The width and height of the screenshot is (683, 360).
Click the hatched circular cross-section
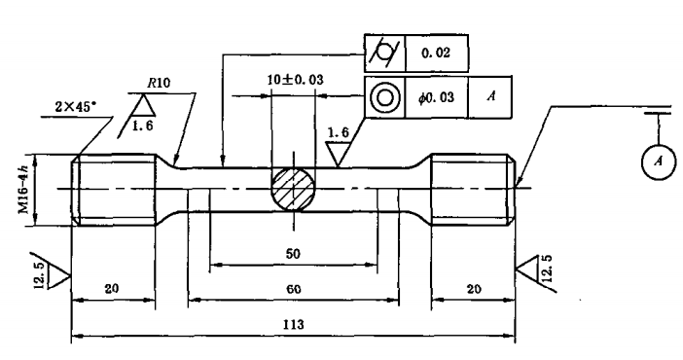click(x=293, y=189)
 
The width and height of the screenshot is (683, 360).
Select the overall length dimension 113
click(x=293, y=325)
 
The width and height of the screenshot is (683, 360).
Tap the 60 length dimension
click(x=293, y=289)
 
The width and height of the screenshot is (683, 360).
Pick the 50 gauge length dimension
click(x=293, y=254)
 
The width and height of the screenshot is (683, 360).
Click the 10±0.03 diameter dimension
click(x=296, y=80)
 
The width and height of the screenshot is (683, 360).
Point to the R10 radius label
click(x=159, y=83)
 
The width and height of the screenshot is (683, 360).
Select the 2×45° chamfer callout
click(x=75, y=107)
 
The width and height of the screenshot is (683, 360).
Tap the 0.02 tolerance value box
click(x=437, y=54)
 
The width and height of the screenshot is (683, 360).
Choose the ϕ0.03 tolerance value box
click(x=437, y=97)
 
